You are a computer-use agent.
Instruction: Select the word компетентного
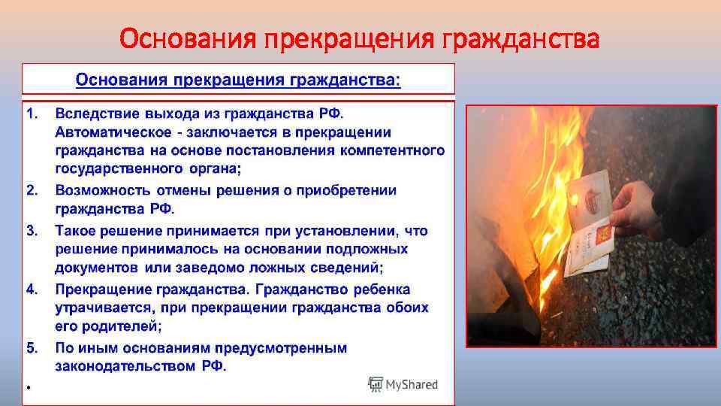point(392,151)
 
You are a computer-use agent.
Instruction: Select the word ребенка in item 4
point(382,289)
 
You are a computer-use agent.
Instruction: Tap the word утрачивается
point(102,308)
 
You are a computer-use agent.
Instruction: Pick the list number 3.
point(32,229)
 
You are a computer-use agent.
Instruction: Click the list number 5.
point(32,347)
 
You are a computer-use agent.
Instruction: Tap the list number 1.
point(32,113)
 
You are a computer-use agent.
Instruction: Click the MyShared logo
point(403,384)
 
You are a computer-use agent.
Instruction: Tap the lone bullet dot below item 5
point(27,387)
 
